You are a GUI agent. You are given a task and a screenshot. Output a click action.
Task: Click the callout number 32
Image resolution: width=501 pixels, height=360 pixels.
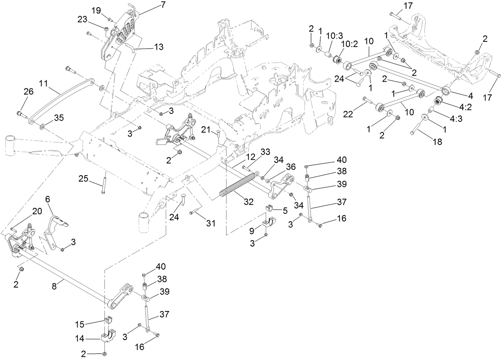(249, 202)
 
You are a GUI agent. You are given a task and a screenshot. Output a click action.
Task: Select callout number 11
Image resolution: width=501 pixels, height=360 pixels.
(44, 84)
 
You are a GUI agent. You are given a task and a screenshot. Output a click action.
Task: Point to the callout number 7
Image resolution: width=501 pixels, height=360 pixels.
(152, 5)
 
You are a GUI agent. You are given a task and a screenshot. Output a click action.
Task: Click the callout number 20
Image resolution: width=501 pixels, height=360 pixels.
(36, 212)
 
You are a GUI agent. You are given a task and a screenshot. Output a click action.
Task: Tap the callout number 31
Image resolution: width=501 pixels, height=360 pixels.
(210, 223)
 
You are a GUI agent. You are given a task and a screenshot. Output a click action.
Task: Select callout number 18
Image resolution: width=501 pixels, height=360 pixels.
(437, 141)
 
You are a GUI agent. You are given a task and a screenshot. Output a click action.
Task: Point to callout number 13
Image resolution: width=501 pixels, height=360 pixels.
(159, 47)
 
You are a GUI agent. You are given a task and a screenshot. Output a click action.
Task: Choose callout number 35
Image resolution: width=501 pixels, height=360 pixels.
(59, 118)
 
